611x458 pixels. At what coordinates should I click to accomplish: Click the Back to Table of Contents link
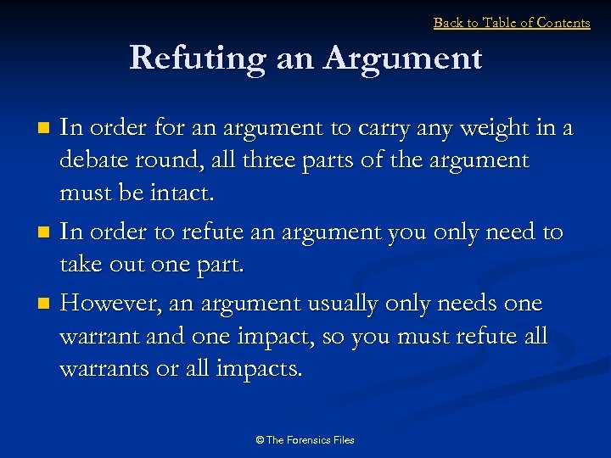(512, 23)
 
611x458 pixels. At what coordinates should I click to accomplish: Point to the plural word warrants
(103, 369)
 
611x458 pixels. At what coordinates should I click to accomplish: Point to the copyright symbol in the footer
(259, 440)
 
